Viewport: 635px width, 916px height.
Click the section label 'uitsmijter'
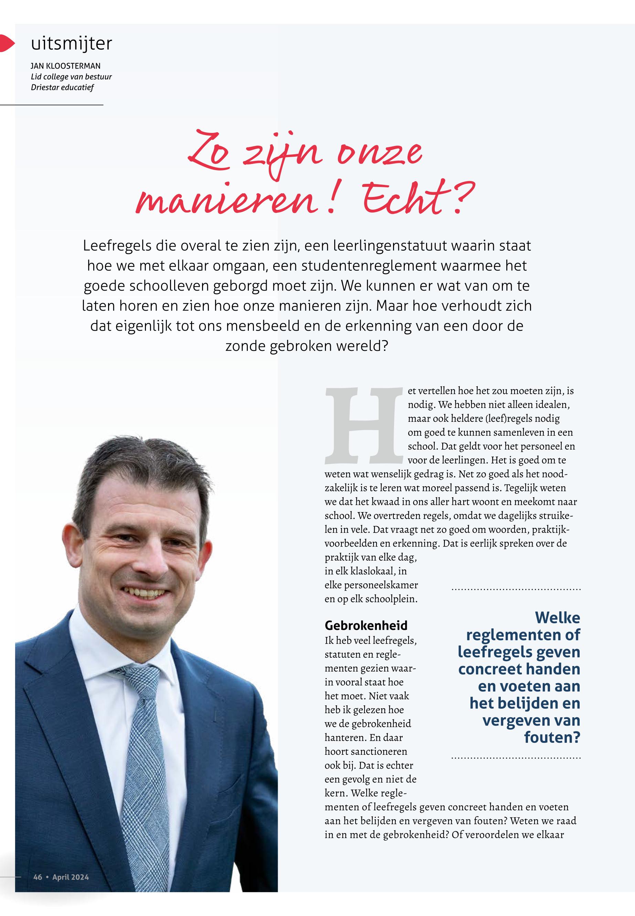72,44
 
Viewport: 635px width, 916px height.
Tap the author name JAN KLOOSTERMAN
66,66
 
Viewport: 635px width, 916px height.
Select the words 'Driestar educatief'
62,87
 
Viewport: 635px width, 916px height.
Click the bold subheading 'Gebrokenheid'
366,625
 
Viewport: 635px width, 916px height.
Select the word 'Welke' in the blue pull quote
557,617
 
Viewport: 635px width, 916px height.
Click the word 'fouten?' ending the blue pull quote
552,737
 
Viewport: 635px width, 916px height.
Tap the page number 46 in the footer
38,877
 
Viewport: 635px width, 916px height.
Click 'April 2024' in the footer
71,877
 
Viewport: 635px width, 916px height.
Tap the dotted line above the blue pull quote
516,589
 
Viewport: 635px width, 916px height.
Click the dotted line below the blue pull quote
516,758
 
